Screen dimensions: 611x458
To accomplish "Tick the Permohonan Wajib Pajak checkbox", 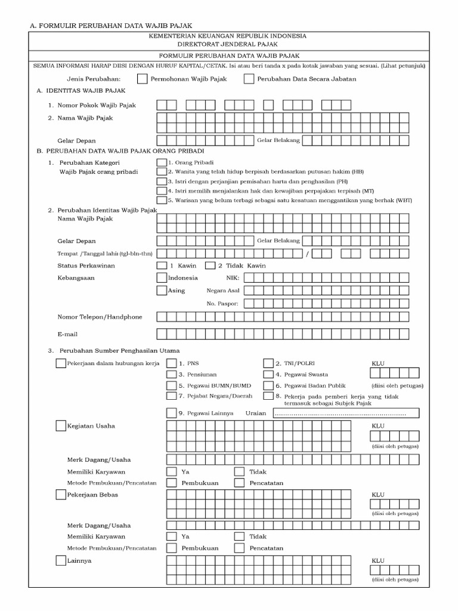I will tap(142, 79).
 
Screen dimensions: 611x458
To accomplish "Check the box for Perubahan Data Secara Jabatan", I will tap(249, 79).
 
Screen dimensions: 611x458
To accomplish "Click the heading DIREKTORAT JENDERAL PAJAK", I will tap(228, 44).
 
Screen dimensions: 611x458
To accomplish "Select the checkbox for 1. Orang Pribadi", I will tap(161, 162).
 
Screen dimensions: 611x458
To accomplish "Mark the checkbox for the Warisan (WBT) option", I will tap(161, 200).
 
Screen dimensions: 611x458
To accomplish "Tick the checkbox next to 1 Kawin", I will tap(162, 266).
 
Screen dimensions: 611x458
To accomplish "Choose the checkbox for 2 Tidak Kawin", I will tap(211, 266).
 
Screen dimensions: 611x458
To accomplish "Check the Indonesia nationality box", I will tap(162, 277).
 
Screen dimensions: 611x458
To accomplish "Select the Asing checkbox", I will tap(162, 291).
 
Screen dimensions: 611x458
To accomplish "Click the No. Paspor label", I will tap(222, 304).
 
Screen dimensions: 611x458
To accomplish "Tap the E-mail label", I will tap(67, 334).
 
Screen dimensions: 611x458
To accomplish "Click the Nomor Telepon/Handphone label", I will tap(100, 317).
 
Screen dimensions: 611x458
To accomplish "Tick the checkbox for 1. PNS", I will tap(172, 363).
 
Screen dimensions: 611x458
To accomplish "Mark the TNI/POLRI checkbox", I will tap(268, 363).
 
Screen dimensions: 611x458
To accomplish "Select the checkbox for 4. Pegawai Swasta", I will tap(268, 374).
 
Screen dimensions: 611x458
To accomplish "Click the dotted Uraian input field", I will tap(346, 413).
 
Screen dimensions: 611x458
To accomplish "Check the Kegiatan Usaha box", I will tap(60, 426).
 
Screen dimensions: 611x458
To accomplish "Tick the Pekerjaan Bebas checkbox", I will tap(60, 495).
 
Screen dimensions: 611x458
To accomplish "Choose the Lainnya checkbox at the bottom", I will tap(60, 560).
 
